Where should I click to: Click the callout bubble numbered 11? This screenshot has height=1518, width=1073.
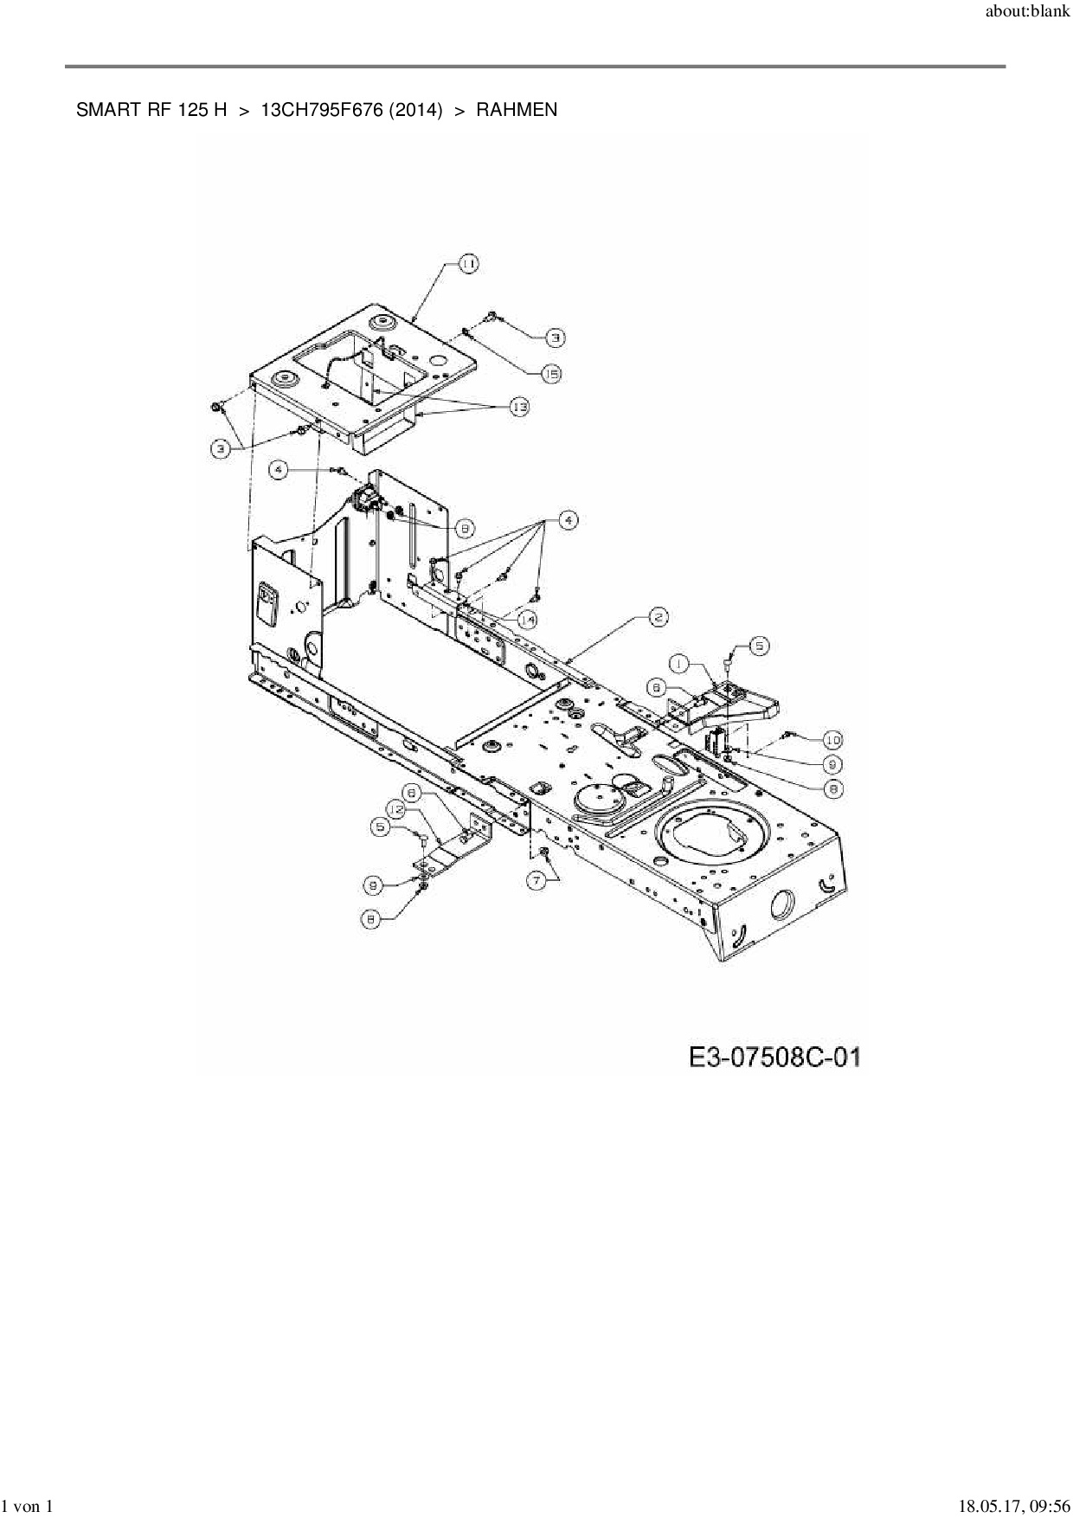point(467,264)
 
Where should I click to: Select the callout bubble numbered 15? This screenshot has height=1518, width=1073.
point(551,374)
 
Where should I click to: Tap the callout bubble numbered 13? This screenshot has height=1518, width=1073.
point(518,407)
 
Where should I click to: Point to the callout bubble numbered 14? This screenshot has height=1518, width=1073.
point(527,620)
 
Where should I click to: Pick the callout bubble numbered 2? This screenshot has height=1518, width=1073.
point(658,617)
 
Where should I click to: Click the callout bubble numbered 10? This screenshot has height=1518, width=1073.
point(832,740)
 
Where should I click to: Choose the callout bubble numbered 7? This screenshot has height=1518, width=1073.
point(536,880)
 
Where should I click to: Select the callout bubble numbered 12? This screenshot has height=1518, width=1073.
point(396,808)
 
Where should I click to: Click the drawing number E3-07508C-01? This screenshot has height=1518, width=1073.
point(774,1058)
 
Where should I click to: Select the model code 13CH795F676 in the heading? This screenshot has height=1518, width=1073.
point(321,110)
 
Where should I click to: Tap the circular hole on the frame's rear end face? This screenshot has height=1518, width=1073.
point(781,905)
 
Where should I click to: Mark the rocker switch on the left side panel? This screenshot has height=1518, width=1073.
point(267,603)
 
